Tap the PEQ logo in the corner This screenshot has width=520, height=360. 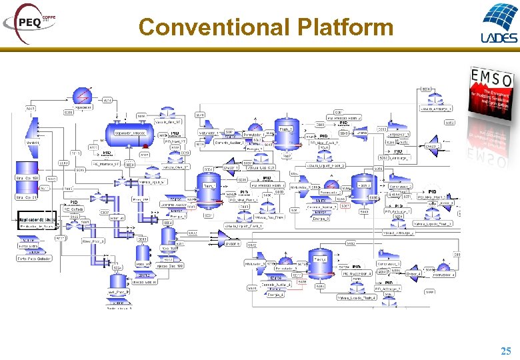click(x=29, y=21)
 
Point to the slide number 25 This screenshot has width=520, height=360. click(x=506, y=351)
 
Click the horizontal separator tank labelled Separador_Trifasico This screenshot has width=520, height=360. click(x=129, y=133)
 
